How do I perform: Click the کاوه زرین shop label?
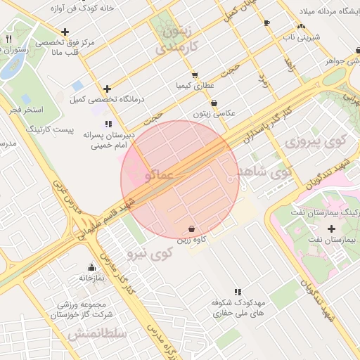point(192,240)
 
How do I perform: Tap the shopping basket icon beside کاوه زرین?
point(192,229)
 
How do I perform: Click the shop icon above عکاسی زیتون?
point(214,103)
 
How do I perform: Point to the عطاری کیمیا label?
point(195,85)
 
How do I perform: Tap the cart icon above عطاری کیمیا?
point(195,75)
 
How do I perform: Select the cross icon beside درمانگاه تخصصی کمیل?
point(107,89)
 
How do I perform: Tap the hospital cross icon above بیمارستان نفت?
point(331,229)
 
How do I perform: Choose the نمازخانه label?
point(91,278)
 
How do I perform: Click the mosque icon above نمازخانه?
point(91,267)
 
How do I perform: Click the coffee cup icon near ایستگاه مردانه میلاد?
point(266,23)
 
